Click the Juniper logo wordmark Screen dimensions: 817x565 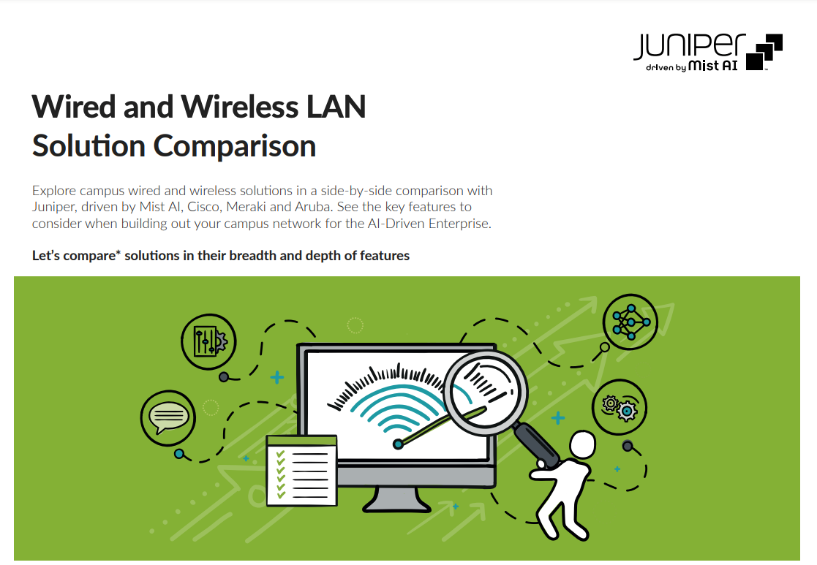(x=689, y=46)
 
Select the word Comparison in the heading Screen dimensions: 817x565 (x=235, y=145)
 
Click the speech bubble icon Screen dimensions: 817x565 (x=167, y=417)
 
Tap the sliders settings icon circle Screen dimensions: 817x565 (x=208, y=341)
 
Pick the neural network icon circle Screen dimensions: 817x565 (x=630, y=322)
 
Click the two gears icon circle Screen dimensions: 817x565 (x=619, y=407)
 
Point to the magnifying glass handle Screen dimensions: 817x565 (x=537, y=444)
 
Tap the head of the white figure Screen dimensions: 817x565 (x=582, y=444)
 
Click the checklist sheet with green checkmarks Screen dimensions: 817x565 (x=301, y=471)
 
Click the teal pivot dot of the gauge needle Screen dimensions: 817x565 (x=398, y=444)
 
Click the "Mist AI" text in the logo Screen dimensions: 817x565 (x=713, y=66)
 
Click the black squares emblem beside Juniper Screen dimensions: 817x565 (x=764, y=52)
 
